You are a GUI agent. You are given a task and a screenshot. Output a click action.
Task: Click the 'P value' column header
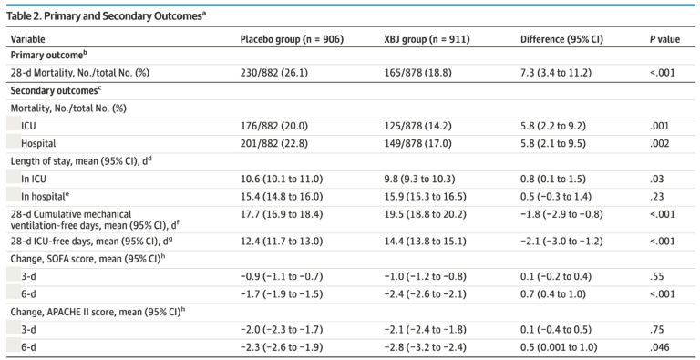(664, 40)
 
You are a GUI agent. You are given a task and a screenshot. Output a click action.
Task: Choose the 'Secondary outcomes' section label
(55, 91)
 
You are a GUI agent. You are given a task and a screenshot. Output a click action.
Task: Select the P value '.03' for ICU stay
(655, 179)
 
